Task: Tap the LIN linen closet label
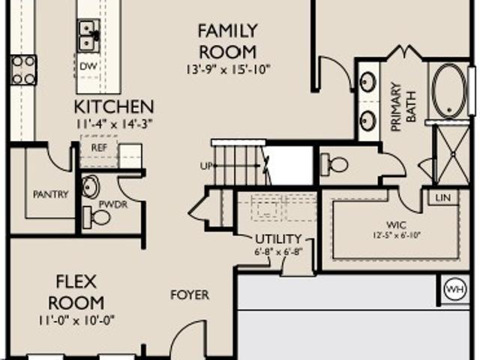point(443,198)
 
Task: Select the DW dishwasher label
point(88,66)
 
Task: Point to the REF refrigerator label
point(99,148)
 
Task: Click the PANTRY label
point(50,194)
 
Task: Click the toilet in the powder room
point(97,217)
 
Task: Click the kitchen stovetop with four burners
point(23,70)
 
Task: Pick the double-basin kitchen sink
point(89,36)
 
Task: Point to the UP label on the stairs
point(206,166)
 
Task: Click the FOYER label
point(190,295)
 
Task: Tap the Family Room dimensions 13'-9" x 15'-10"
point(227,70)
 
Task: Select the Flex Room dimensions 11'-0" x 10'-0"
point(76,321)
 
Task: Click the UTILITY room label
point(278,238)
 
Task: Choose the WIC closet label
point(397,225)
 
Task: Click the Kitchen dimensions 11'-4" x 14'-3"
point(114,124)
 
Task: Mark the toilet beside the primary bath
point(334,165)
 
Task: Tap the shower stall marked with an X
point(451,155)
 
